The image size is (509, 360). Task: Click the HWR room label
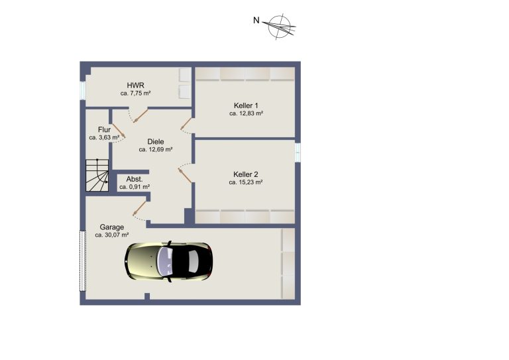135,86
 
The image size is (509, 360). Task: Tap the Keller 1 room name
246,106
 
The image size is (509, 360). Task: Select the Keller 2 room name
245,174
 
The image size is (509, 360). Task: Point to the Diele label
156,142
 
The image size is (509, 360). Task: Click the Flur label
104,130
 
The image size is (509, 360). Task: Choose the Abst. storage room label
135,179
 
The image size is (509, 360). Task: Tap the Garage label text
111,227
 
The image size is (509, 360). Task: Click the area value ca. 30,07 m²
112,235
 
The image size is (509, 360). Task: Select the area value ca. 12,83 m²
246,113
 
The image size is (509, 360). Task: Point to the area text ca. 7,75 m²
135,93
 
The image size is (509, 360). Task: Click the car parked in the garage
168,261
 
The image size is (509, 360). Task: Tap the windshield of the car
166,261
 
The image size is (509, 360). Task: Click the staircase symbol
97,175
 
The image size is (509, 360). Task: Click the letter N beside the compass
256,21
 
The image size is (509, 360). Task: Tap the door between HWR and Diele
141,116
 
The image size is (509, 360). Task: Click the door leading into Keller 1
186,124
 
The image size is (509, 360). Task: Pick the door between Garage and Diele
140,208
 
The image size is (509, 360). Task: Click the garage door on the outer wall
83,261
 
